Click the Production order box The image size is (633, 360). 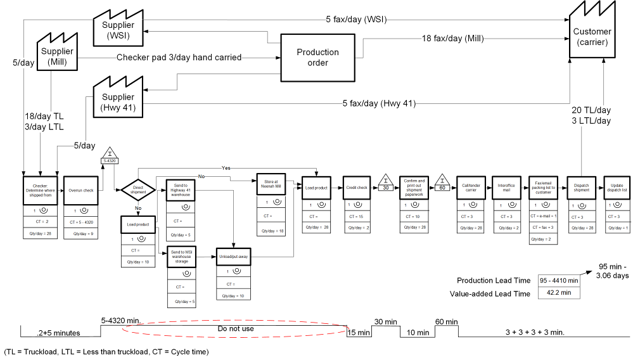[317, 57]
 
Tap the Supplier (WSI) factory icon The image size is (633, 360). [118, 29]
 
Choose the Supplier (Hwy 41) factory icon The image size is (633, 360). [118, 101]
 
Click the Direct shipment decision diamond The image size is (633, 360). [138, 189]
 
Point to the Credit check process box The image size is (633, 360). [356, 188]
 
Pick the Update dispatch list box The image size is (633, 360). [615, 188]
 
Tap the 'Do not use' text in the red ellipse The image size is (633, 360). [236, 330]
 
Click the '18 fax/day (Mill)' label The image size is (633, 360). [453, 39]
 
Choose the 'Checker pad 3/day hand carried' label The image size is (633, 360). [179, 58]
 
